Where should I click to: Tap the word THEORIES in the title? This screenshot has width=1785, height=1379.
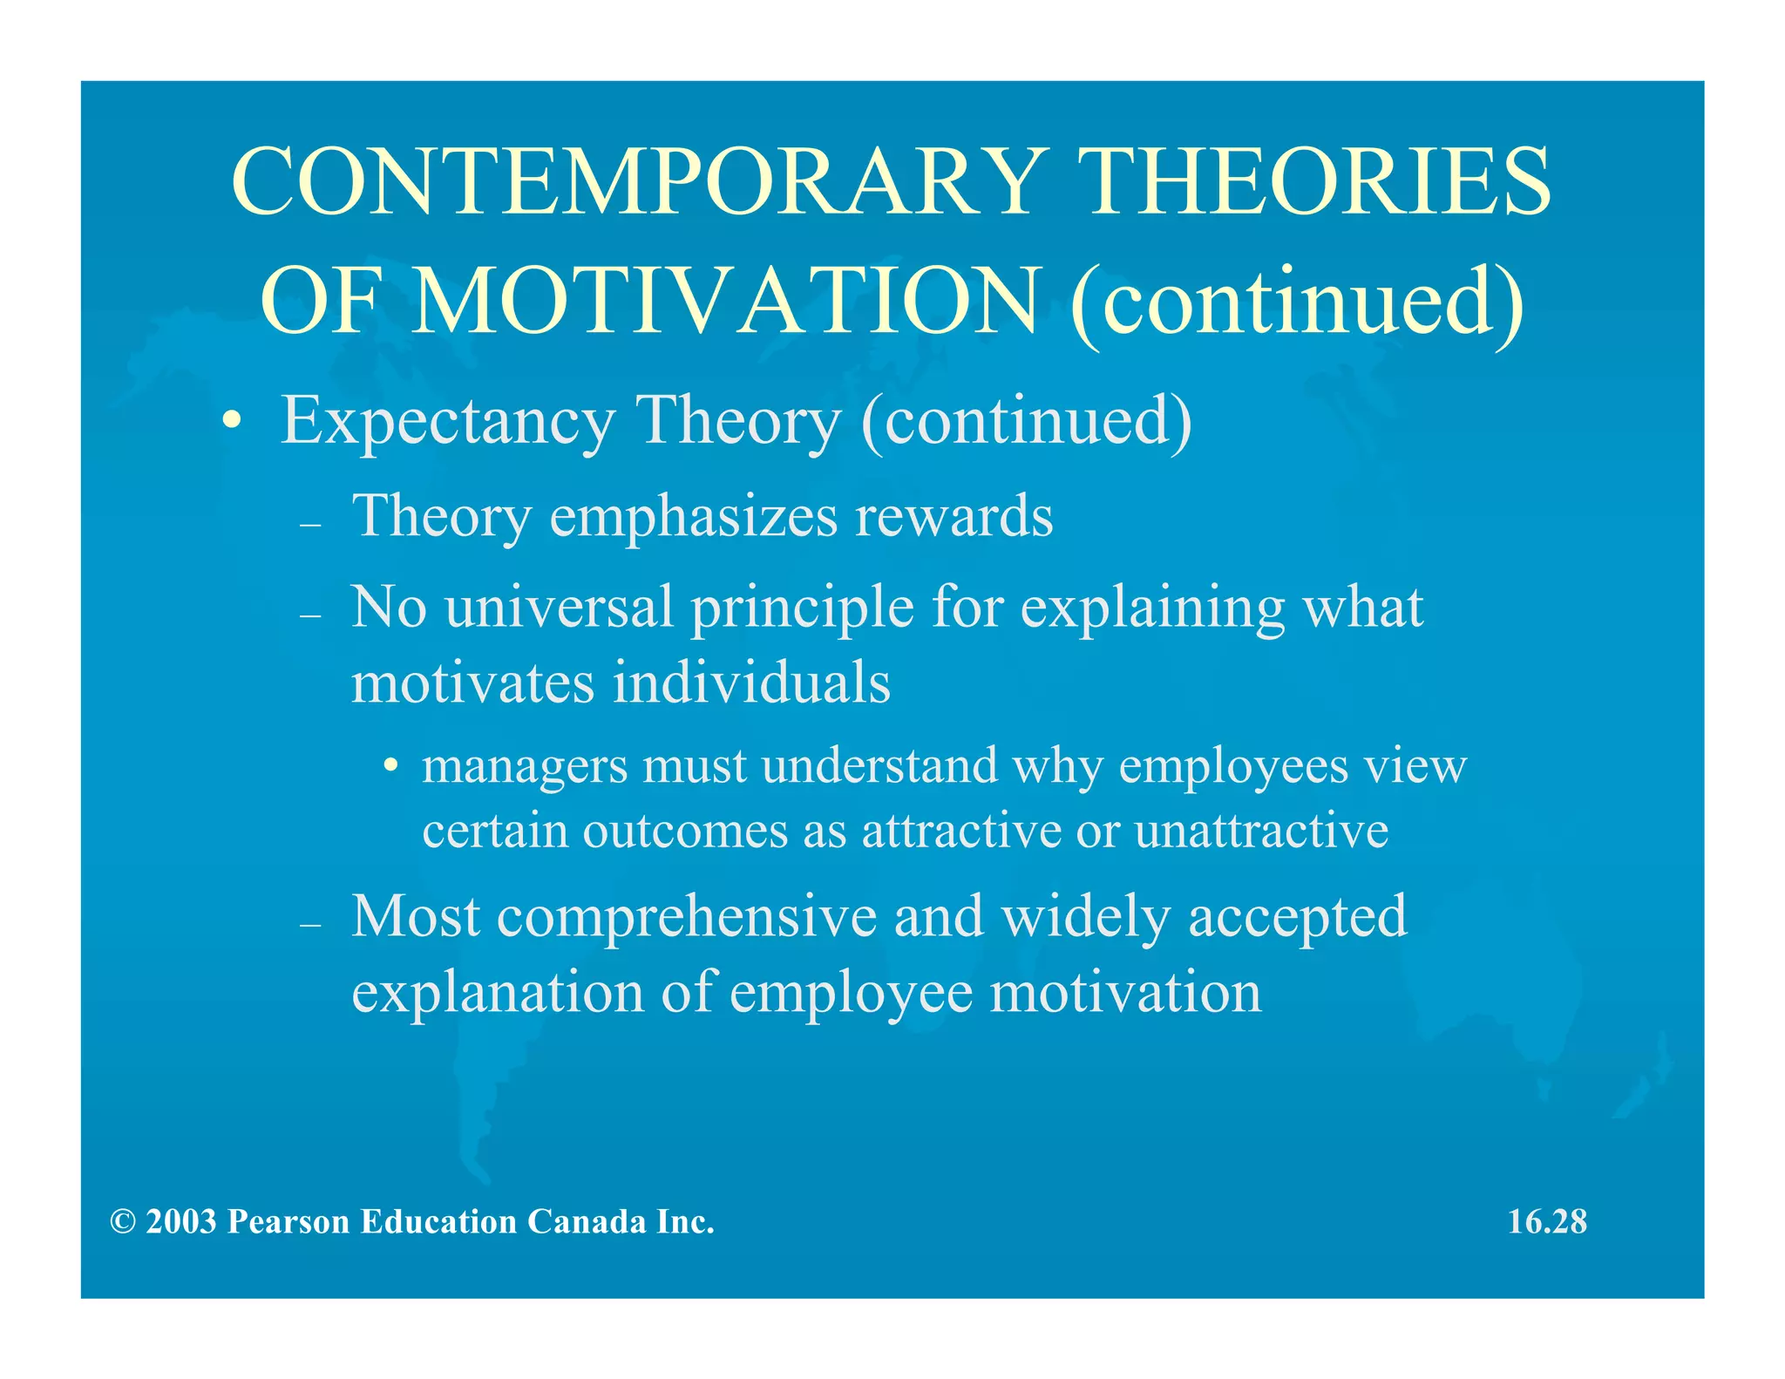(x=1319, y=182)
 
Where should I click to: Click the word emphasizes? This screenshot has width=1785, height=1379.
(x=693, y=516)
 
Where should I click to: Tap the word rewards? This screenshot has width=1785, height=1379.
(x=954, y=516)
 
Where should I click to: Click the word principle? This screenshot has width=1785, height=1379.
(x=802, y=608)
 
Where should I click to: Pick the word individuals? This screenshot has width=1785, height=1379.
(x=751, y=683)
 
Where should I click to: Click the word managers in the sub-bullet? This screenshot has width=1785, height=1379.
(x=525, y=767)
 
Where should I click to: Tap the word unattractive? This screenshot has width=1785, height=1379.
(x=1261, y=831)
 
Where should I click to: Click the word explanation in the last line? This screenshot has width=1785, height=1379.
(x=498, y=993)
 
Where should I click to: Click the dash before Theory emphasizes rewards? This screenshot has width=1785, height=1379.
(x=310, y=525)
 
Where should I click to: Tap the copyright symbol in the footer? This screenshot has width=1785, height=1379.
(x=123, y=1222)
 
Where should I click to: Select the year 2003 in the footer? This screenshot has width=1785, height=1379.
(x=181, y=1222)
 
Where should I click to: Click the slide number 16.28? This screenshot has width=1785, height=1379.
(x=1547, y=1222)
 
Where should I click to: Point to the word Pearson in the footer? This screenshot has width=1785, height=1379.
(x=288, y=1222)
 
